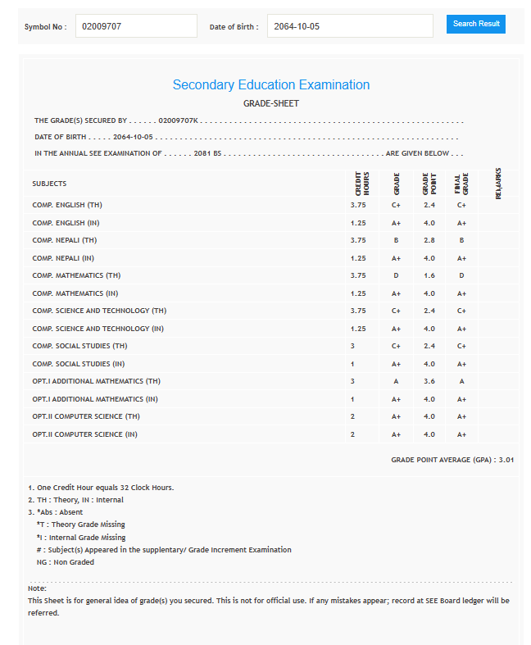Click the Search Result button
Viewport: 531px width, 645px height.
click(x=475, y=24)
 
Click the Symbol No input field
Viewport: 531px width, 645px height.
click(x=136, y=26)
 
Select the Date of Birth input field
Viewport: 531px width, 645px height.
click(x=350, y=26)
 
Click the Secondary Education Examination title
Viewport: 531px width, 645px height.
click(x=270, y=85)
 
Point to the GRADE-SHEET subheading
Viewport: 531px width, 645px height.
click(x=270, y=103)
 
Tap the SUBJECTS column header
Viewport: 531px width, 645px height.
click(x=50, y=184)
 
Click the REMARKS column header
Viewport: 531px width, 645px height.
click(x=497, y=184)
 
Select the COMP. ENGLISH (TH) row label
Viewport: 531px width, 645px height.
click(x=67, y=205)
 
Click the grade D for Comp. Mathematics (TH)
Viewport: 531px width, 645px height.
click(x=396, y=275)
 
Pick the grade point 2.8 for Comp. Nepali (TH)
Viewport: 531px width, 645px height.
click(x=428, y=240)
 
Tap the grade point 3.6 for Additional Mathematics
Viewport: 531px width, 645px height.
click(x=428, y=381)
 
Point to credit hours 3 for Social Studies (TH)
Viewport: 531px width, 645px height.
click(x=352, y=346)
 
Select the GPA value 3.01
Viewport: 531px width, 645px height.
click(x=506, y=461)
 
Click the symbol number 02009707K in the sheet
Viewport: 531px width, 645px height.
click(x=178, y=120)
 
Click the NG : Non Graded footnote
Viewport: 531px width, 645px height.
click(x=65, y=562)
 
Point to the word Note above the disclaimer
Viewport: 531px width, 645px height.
click(x=37, y=588)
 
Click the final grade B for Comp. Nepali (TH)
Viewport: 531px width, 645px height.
click(x=461, y=240)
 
